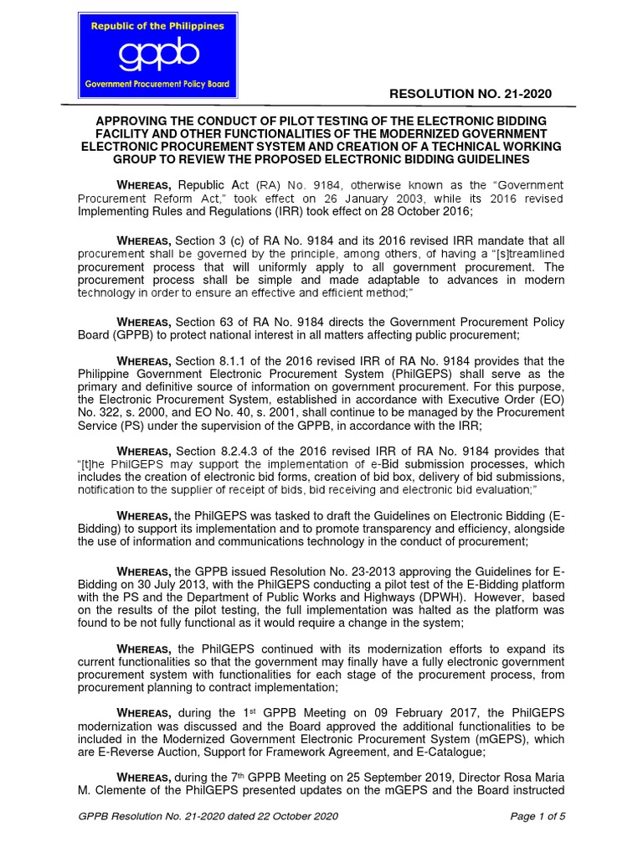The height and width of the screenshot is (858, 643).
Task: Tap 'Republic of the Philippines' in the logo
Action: [158, 26]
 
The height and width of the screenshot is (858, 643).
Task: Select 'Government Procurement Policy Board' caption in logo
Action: [158, 85]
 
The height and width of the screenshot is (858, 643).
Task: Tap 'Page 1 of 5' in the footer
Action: [538, 817]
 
